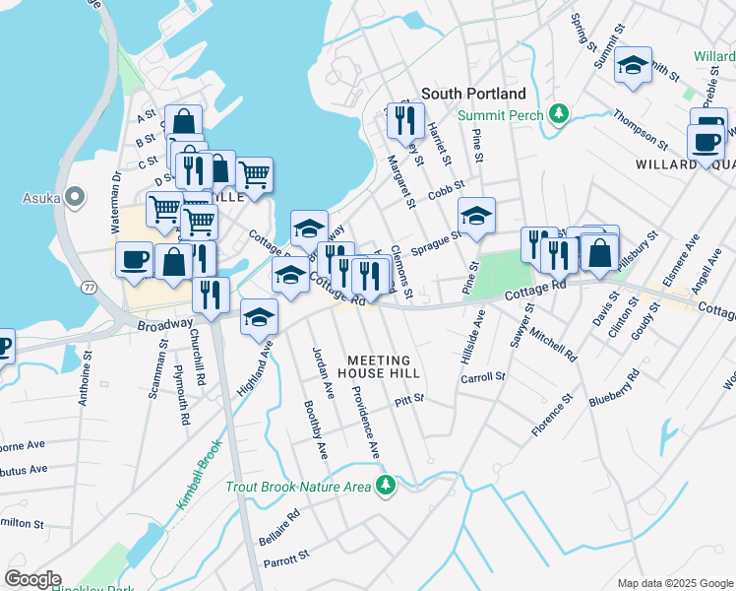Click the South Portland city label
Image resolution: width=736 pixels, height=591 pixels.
[473, 94]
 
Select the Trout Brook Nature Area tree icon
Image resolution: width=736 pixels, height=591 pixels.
[387, 486]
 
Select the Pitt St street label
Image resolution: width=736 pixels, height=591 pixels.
[408, 399]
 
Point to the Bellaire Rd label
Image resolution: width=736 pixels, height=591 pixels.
[277, 529]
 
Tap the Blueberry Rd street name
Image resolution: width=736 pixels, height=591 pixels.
[614, 388]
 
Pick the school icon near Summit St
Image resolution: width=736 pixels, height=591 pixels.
[634, 66]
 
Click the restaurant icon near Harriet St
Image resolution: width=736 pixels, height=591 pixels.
[403, 120]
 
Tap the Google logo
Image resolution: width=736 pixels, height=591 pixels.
[31, 579]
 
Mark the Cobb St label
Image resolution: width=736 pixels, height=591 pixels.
[446, 194]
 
